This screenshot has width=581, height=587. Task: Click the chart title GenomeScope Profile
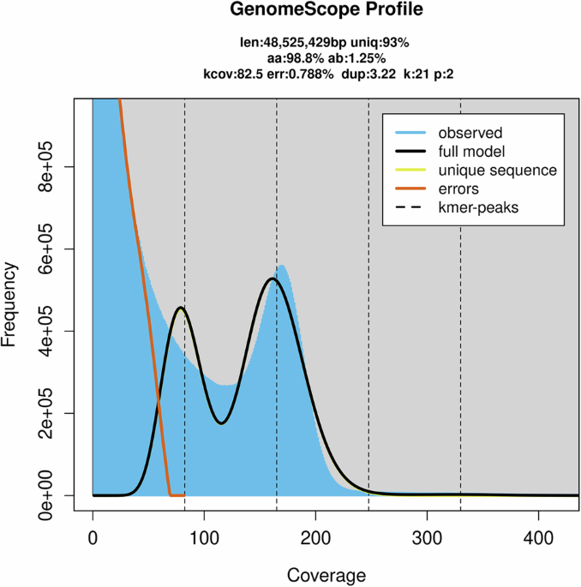(290, 13)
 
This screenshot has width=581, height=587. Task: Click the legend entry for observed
(470, 133)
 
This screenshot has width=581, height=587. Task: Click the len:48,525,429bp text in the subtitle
(284, 41)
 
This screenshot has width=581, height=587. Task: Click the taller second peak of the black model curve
(272, 279)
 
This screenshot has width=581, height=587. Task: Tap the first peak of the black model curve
(181, 308)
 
